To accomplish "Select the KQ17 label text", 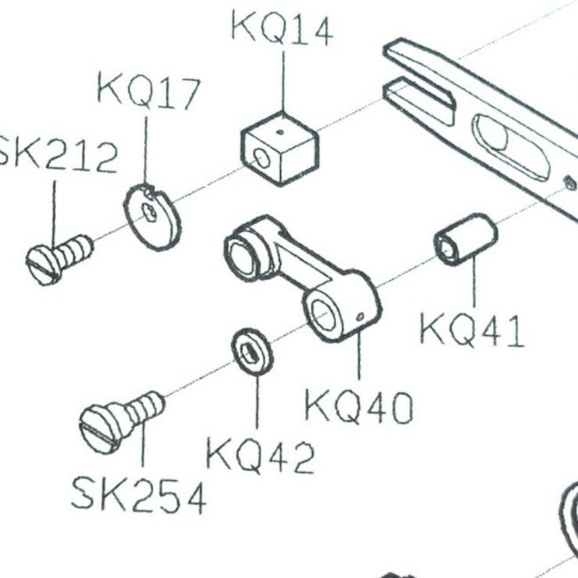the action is click(149, 92).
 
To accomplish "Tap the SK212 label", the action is click(57, 156).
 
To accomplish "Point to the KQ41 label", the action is click(472, 330).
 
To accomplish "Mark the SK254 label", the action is click(138, 496).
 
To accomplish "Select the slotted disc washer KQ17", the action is click(152, 217).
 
